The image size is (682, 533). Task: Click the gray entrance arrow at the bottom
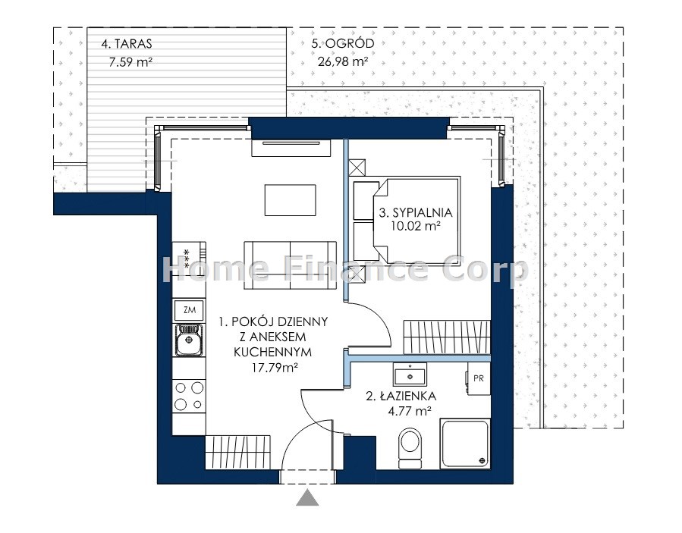point(307,498)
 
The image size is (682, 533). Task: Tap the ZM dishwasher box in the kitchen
point(189,310)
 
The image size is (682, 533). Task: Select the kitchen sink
point(189,340)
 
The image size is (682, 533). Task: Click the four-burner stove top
point(189,396)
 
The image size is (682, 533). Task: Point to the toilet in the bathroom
point(410,448)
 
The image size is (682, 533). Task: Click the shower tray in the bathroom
point(465,444)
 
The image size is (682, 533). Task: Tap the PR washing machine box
point(479,378)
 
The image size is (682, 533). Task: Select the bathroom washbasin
point(410,375)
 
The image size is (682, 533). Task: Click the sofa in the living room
point(290,265)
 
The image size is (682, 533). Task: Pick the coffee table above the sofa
point(290,200)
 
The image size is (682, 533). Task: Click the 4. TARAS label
point(127,43)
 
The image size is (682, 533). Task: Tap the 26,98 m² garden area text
point(344,61)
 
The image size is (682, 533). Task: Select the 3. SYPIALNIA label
point(416,212)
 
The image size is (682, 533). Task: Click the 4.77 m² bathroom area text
point(410,410)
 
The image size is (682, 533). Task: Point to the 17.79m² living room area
point(275,368)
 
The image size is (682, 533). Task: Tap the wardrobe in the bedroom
point(447,337)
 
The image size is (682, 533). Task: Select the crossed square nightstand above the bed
point(357,168)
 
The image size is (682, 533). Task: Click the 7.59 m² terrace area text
point(130,61)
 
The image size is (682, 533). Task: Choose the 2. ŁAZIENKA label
point(401,396)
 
